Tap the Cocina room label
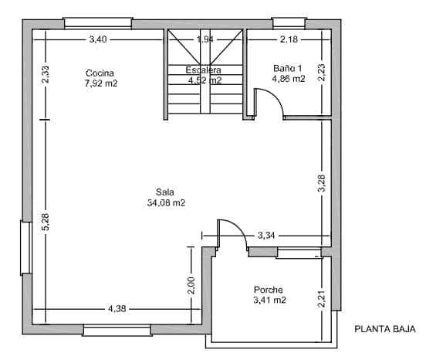pos(100,73)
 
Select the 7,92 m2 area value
pos(100,83)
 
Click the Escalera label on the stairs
pos(205,70)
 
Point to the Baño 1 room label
pos(289,69)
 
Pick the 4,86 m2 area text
pos(289,78)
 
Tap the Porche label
pos(269,290)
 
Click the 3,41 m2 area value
pos(270,300)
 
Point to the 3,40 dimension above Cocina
pos(98,39)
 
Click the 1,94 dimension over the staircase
pos(205,39)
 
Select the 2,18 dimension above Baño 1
pos(289,39)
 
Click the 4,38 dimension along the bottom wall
pos(117,308)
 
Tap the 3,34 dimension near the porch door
pos(266,234)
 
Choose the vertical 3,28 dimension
pos(322,183)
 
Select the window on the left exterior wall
pos(25,247)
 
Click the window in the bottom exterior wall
pos(117,331)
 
